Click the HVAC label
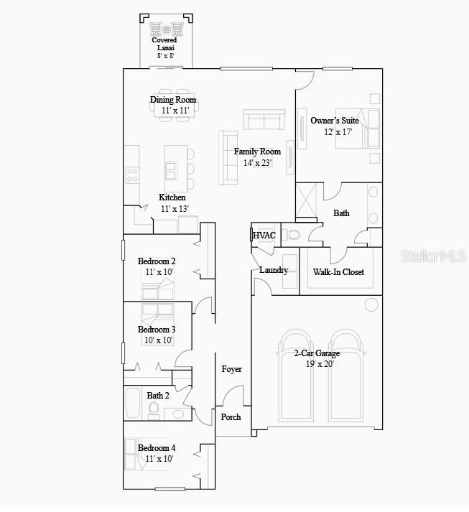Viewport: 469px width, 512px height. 264,236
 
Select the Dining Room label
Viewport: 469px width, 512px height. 173,100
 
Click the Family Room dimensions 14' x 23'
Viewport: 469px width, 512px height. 257,163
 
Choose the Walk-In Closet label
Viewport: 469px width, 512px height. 338,272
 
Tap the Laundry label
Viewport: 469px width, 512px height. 274,270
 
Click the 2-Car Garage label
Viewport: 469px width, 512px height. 317,353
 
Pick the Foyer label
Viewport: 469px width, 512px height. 231,369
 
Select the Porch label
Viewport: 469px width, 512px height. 231,417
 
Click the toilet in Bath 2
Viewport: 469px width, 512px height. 154,409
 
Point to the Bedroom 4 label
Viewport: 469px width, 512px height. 157,448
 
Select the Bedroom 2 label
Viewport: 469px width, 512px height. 157,261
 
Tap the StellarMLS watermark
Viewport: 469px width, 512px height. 435,255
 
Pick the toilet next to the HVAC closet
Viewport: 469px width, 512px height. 292,235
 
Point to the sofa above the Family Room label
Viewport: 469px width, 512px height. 264,120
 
